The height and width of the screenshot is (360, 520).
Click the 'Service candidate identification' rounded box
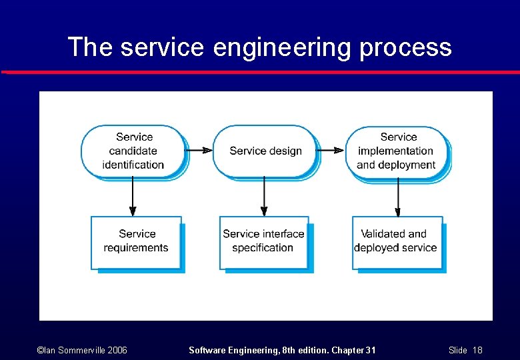point(133,151)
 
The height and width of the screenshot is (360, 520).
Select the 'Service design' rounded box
point(265,151)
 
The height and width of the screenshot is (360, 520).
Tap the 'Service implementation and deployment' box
point(397,151)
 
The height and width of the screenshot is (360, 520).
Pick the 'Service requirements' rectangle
point(136,241)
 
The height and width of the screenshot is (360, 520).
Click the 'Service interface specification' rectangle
point(263,241)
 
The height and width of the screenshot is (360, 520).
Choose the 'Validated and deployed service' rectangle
point(396,241)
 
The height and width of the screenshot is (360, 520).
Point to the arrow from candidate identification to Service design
point(198,151)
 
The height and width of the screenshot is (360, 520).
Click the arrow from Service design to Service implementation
point(330,151)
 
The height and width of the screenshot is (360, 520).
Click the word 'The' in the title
point(91,48)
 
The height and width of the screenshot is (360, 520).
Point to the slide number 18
point(477,350)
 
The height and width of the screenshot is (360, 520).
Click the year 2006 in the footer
point(116,350)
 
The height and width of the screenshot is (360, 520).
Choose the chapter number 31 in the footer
point(369,350)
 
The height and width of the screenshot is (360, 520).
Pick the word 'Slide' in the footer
point(458,350)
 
